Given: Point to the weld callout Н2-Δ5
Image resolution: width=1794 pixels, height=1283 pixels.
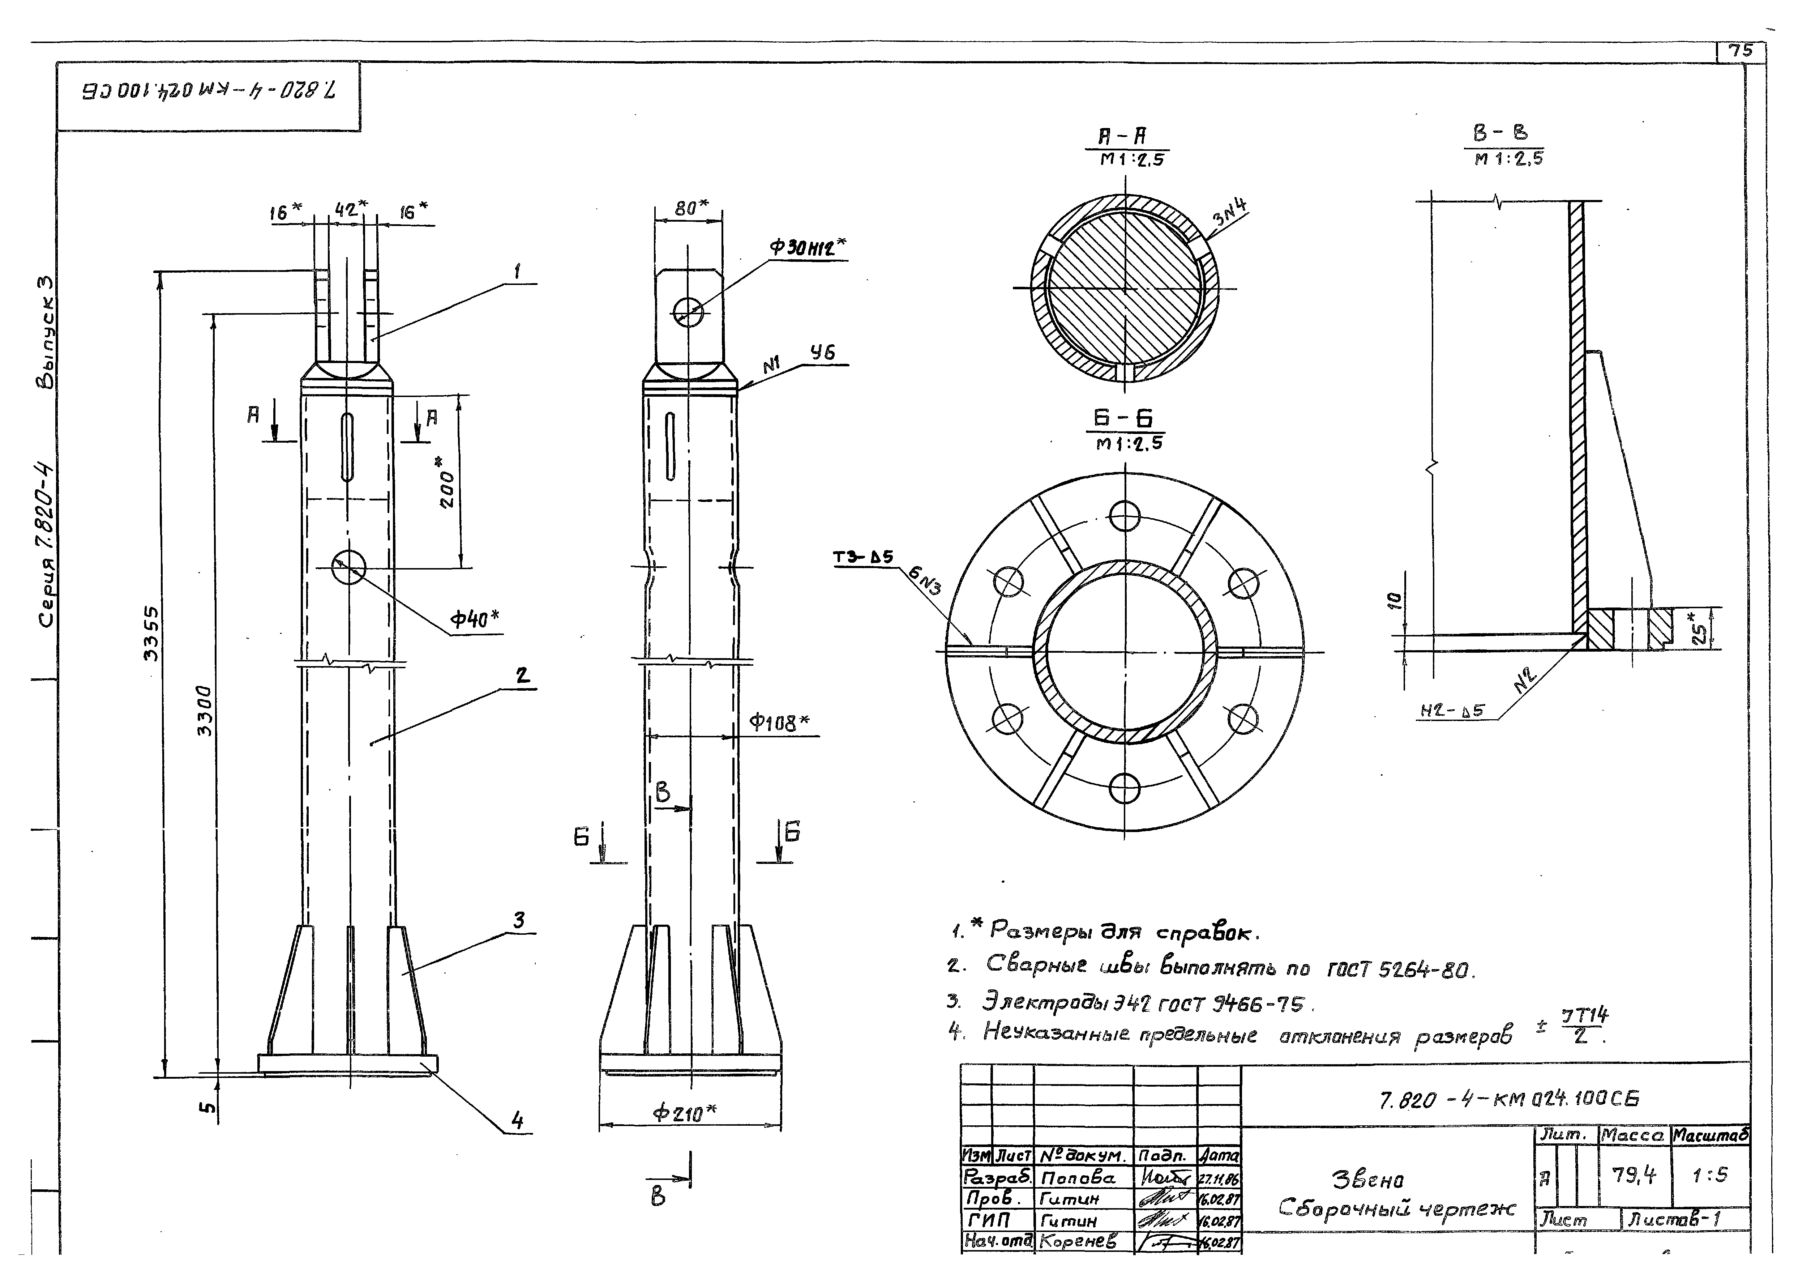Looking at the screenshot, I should pyautogui.click(x=1452, y=711).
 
